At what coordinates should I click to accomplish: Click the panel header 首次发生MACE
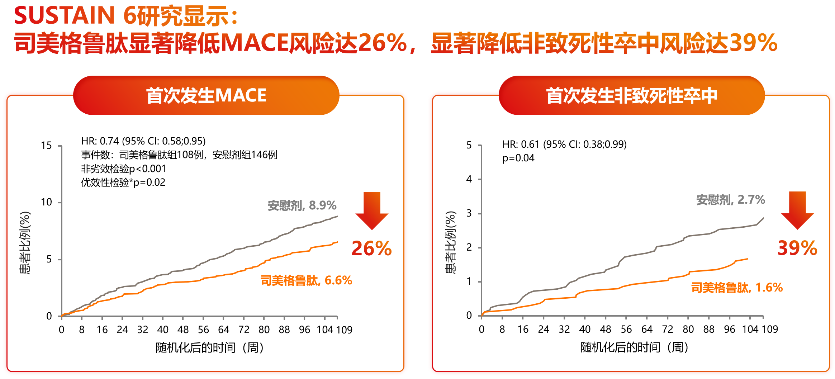[206, 95]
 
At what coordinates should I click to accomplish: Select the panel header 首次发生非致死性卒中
[631, 95]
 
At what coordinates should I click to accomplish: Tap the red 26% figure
[371, 248]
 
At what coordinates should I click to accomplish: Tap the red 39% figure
[797, 248]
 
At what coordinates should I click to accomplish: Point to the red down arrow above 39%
[797, 210]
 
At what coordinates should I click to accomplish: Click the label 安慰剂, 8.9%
[302, 205]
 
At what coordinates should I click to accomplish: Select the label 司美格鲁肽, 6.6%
[306, 280]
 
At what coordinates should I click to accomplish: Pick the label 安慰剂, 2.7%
[730, 200]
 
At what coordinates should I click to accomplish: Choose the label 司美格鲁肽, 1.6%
[737, 288]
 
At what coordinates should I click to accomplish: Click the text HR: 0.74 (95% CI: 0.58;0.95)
[143, 141]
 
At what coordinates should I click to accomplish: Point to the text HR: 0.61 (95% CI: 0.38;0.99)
[564, 144]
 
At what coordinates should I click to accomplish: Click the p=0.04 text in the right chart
[518, 158]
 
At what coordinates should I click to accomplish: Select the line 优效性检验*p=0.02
[123, 183]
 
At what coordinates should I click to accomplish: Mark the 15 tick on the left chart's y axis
[46, 146]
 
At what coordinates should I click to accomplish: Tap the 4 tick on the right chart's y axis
[469, 179]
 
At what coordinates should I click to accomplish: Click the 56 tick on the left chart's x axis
[203, 330]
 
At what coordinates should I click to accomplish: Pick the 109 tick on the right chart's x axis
[769, 329]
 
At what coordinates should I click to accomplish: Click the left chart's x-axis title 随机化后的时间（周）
[210, 347]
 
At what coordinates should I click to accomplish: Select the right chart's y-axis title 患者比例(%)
[450, 242]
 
